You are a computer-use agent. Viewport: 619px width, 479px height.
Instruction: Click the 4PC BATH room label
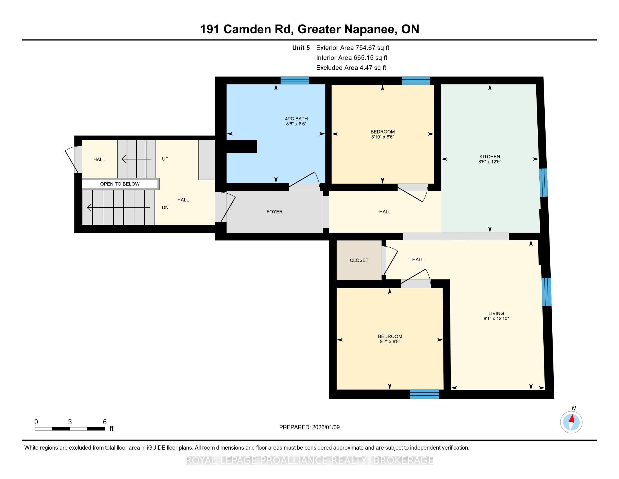(x=296, y=119)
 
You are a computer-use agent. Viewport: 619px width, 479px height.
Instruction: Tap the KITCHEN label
(x=490, y=157)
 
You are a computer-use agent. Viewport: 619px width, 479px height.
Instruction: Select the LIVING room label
(x=496, y=313)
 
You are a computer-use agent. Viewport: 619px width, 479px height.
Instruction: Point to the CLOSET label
(x=359, y=260)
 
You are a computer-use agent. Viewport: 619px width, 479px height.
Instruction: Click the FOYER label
(x=274, y=212)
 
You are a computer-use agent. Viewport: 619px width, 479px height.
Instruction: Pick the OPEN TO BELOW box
(x=120, y=184)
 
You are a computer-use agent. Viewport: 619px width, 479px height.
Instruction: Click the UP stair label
(x=165, y=159)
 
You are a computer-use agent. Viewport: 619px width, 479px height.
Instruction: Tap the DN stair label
(x=165, y=207)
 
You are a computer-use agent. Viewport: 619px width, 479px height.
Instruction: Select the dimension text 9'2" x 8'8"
(x=390, y=342)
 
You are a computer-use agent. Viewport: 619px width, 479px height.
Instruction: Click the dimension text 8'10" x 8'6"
(x=383, y=137)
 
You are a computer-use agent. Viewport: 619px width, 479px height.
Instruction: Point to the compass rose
(x=571, y=422)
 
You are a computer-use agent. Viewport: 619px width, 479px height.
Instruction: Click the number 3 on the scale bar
(x=70, y=422)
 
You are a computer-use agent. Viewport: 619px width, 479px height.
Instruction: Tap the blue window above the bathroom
(x=295, y=80)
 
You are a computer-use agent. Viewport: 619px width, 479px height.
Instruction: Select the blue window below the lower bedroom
(x=424, y=394)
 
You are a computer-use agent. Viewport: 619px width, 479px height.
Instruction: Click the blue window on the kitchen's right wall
(x=543, y=183)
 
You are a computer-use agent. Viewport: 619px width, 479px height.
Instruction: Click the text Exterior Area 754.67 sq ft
(x=353, y=48)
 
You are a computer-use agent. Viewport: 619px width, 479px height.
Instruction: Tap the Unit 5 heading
(x=301, y=48)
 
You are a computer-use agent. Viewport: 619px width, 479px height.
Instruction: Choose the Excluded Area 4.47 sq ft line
(x=351, y=68)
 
